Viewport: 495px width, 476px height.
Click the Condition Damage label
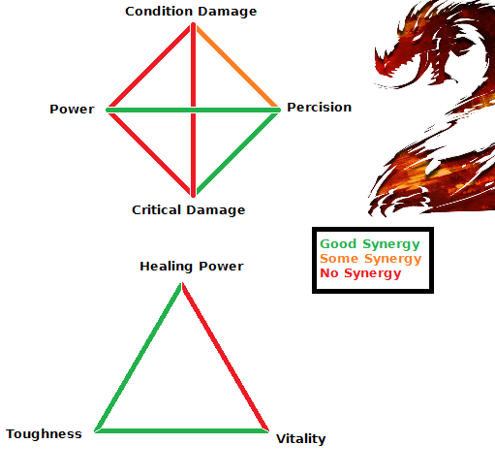(191, 12)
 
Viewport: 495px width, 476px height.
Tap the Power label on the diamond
(72, 110)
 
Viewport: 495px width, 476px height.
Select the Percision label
(320, 108)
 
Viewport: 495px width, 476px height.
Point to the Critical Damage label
(189, 210)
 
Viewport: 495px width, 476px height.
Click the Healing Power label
(192, 267)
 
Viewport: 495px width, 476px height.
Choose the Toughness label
(44, 434)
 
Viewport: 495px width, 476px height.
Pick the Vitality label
(301, 439)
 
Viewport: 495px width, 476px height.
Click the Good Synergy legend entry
(370, 244)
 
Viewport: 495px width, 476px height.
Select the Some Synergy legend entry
(371, 259)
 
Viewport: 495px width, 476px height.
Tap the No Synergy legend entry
(360, 273)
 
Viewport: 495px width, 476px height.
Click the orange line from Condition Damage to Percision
(237, 67)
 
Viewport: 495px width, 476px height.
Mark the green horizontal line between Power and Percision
(193, 111)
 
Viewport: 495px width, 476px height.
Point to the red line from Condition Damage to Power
(149, 67)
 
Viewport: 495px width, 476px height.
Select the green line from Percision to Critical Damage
(237, 153)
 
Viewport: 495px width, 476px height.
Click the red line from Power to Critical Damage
(149, 153)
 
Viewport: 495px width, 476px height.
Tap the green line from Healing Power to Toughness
(138, 357)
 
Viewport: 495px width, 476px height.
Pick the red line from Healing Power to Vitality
(226, 357)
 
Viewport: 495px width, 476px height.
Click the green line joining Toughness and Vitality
(181, 430)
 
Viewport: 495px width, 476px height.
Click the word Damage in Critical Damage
(216, 210)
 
